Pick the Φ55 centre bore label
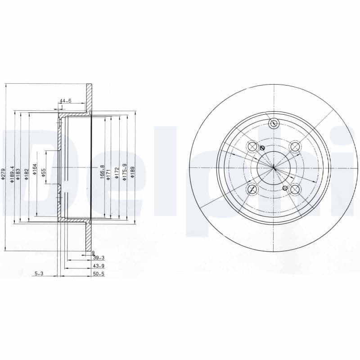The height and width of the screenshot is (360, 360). click(44, 173)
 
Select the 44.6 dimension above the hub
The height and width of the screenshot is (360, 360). click(66, 101)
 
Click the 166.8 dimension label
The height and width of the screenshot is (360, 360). click(102, 171)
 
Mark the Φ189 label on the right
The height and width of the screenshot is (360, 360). click(133, 172)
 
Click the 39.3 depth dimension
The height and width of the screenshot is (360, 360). click(98, 258)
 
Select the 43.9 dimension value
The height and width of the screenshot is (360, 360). click(98, 265)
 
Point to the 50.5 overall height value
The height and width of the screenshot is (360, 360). click(98, 273)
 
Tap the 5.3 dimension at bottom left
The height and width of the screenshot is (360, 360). click(39, 273)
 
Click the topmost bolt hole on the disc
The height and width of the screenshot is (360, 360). click(274, 124)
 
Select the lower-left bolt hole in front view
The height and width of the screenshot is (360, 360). click(252, 189)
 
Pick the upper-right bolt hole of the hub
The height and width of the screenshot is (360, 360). click(295, 146)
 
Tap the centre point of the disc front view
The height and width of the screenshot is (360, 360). click(274, 168)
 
